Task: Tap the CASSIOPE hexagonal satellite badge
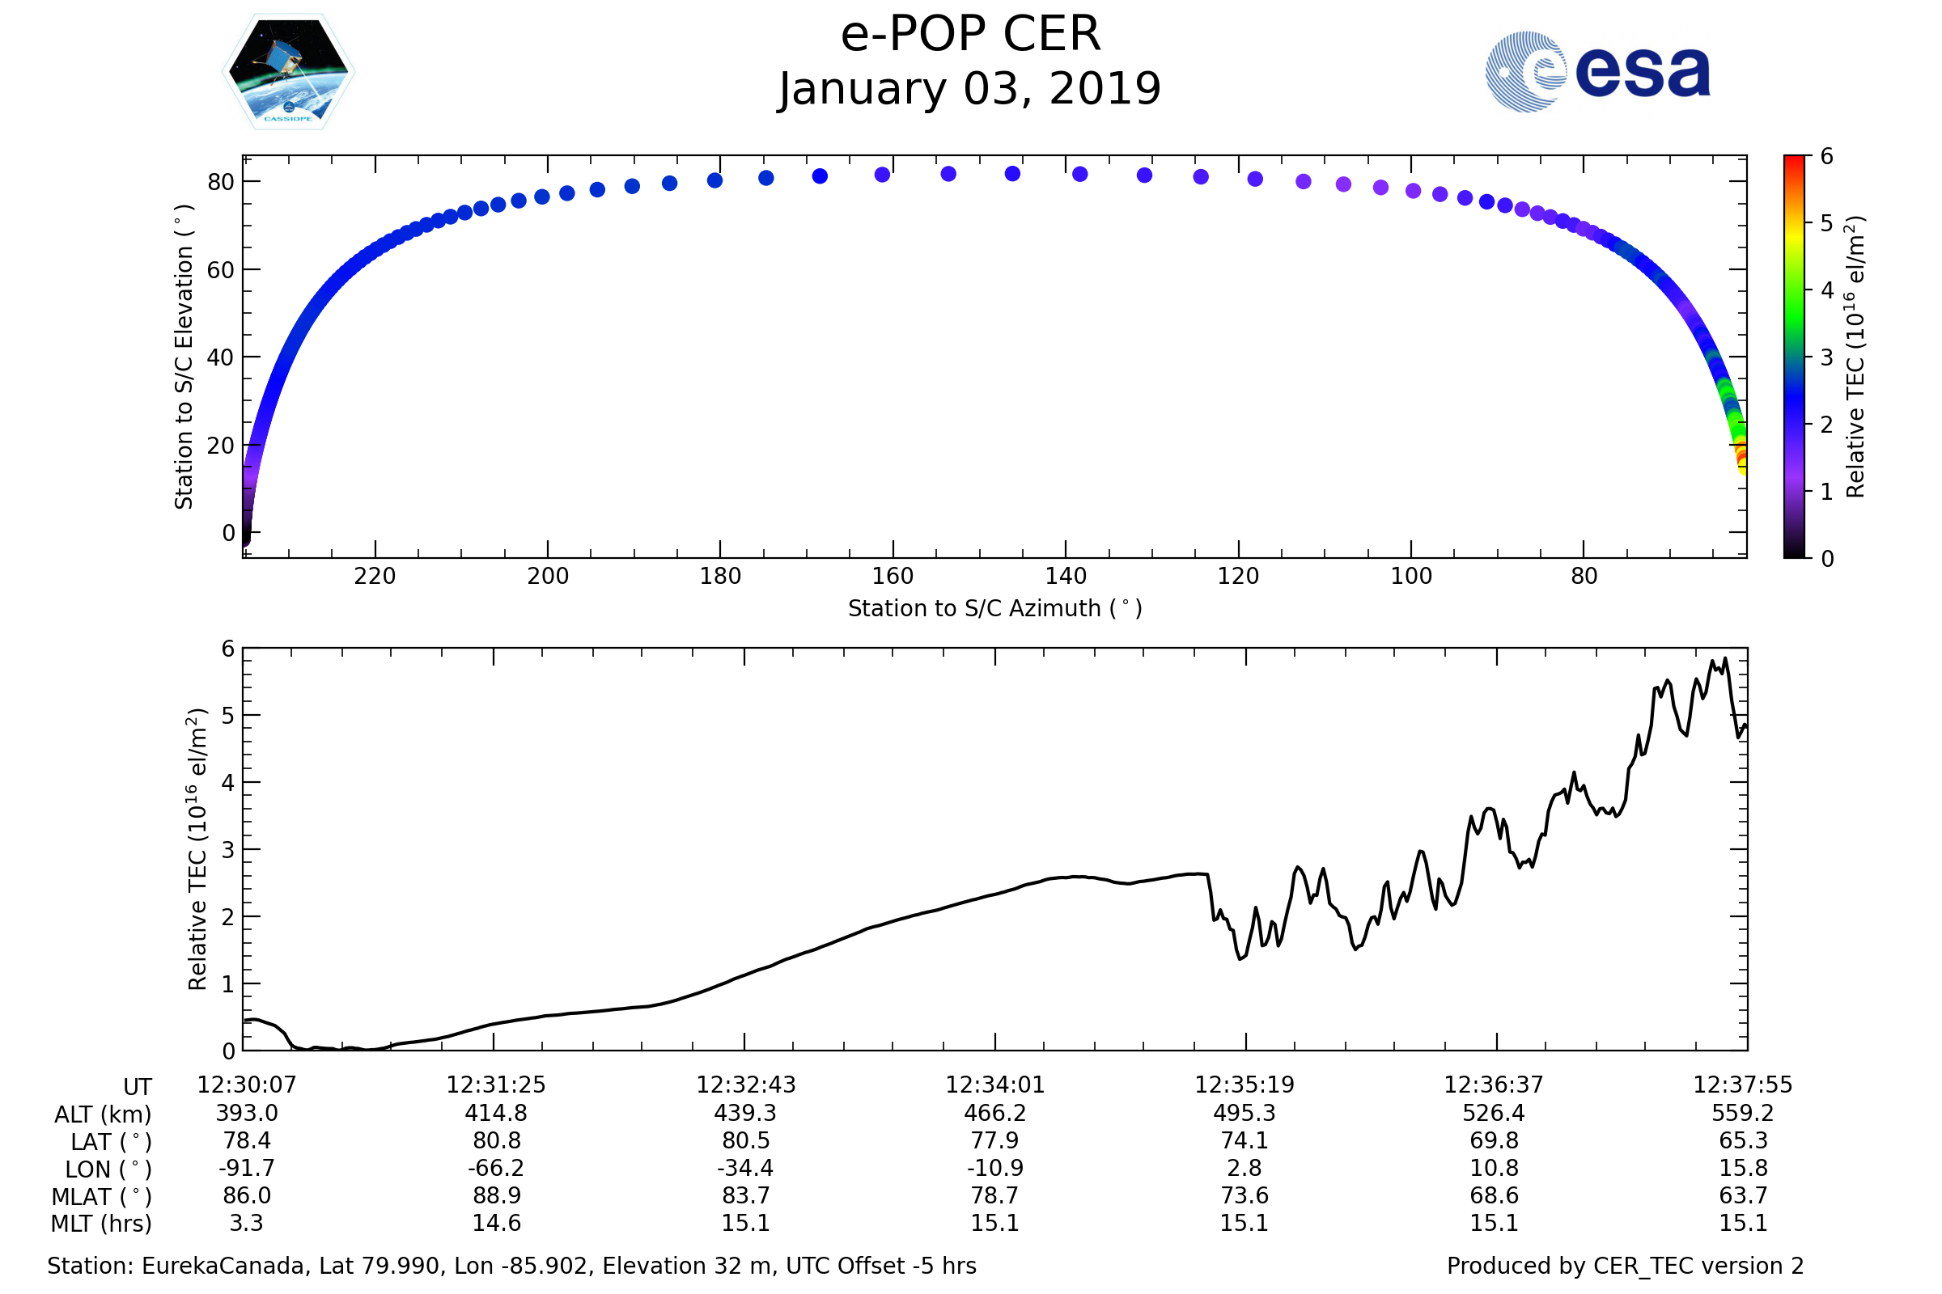coord(288,72)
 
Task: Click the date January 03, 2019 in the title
coord(970,89)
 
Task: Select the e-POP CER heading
coord(970,35)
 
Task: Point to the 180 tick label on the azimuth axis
coord(720,576)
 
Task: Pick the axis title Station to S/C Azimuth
coord(995,609)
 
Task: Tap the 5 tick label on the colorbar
coord(1827,224)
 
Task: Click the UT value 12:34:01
coord(995,1085)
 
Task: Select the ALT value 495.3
coord(1244,1114)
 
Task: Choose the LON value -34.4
coord(745,1169)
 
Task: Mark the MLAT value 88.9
coord(496,1196)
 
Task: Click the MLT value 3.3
coord(246,1223)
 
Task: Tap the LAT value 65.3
coord(1743,1140)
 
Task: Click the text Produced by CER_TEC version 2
coord(1625,1266)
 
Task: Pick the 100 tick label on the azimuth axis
coord(1411,576)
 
